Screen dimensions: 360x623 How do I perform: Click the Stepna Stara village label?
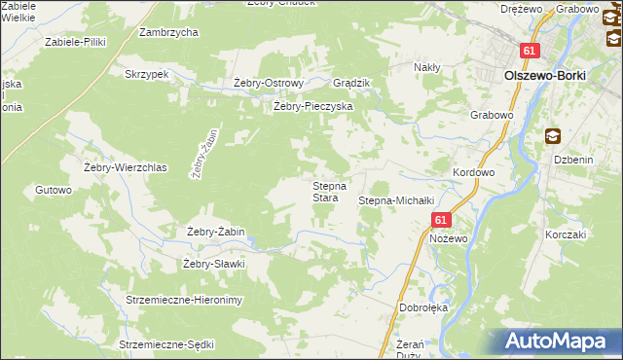pyautogui.click(x=325, y=191)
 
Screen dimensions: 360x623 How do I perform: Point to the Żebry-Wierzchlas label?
pyautogui.click(x=128, y=167)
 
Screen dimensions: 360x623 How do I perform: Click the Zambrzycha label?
pyautogui.click(x=168, y=32)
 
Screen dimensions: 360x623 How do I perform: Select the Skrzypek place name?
pyautogui.click(x=147, y=74)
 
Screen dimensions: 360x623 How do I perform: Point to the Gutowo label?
pyautogui.click(x=54, y=190)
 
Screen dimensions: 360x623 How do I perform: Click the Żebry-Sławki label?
pyautogui.click(x=212, y=264)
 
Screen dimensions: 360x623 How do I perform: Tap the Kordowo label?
pyautogui.click(x=474, y=172)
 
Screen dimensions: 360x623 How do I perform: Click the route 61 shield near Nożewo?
pyautogui.click(x=441, y=221)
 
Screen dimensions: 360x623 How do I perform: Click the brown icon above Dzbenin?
pyautogui.click(x=553, y=137)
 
